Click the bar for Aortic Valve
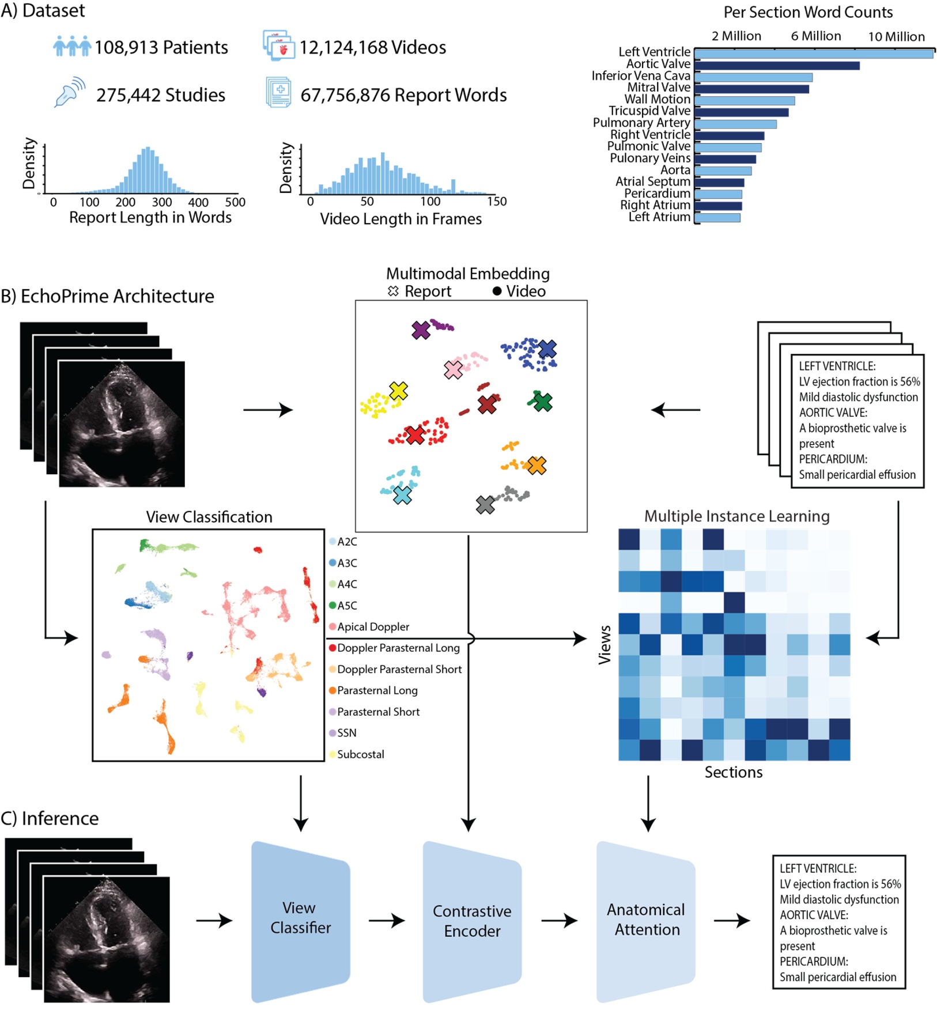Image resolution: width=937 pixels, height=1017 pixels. (x=776, y=66)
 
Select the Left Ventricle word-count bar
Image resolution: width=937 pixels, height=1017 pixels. (x=813, y=54)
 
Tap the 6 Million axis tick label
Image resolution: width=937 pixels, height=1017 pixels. (x=815, y=36)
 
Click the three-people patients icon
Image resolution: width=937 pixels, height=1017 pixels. (x=72, y=46)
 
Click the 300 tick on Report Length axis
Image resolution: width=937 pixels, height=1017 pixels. (x=162, y=202)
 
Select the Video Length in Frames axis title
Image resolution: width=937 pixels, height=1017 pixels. (x=401, y=219)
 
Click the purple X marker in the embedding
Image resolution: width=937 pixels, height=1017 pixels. (x=421, y=330)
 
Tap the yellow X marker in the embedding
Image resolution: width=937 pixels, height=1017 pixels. (x=398, y=391)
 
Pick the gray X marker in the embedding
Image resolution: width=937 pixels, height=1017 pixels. (x=485, y=505)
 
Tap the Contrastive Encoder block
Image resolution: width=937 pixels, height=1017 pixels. (x=472, y=921)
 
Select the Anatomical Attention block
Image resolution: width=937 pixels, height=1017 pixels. (x=645, y=920)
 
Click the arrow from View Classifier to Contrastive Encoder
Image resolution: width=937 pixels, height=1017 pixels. (x=387, y=920)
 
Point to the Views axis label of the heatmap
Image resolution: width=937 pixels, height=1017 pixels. (x=604, y=644)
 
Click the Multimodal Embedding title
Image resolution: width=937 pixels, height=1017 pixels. (x=467, y=274)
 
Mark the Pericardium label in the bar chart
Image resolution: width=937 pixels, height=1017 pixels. (x=657, y=194)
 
